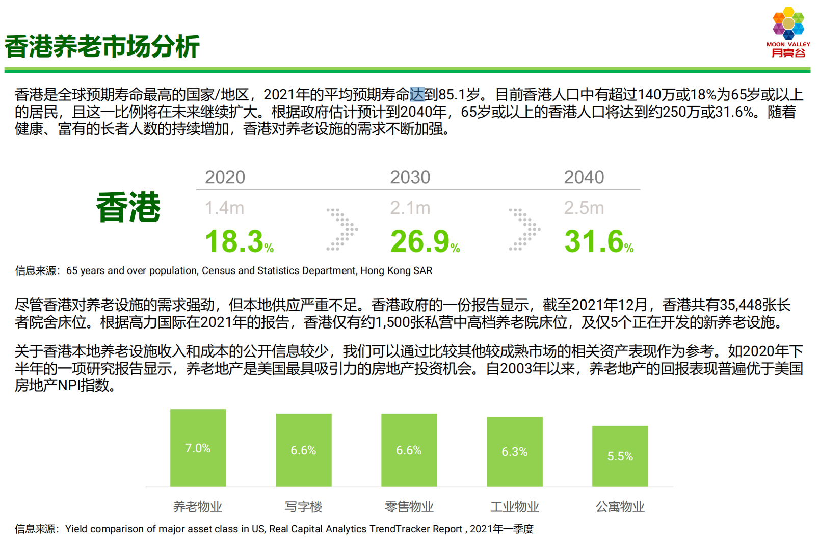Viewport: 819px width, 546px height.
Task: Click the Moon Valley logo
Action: click(x=788, y=32)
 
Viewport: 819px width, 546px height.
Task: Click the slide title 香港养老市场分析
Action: click(x=102, y=46)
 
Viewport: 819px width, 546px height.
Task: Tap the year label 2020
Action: click(x=225, y=177)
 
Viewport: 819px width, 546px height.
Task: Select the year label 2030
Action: click(x=410, y=177)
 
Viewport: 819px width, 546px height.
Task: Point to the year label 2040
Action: click(x=584, y=177)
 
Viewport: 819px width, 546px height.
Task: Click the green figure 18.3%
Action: click(x=239, y=241)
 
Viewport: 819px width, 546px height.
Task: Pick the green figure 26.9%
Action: click(x=425, y=241)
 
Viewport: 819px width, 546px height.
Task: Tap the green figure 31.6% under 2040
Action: click(x=599, y=241)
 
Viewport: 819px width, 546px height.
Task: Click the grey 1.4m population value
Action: click(x=224, y=208)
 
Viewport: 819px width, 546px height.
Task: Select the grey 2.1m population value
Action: click(x=410, y=208)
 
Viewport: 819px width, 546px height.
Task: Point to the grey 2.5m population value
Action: click(x=584, y=208)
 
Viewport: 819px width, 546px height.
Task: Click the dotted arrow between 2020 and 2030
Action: click(x=342, y=230)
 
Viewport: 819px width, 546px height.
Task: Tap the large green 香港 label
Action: click(x=128, y=207)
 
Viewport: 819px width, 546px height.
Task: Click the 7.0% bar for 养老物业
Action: click(x=198, y=448)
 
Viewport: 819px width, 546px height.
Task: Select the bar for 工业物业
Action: click(x=514, y=452)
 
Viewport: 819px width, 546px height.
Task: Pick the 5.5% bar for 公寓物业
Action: click(x=620, y=456)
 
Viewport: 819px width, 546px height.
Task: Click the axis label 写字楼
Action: click(x=303, y=507)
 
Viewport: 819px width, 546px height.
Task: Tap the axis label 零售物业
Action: click(x=409, y=507)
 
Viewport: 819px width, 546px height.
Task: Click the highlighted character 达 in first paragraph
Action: click(x=417, y=94)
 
